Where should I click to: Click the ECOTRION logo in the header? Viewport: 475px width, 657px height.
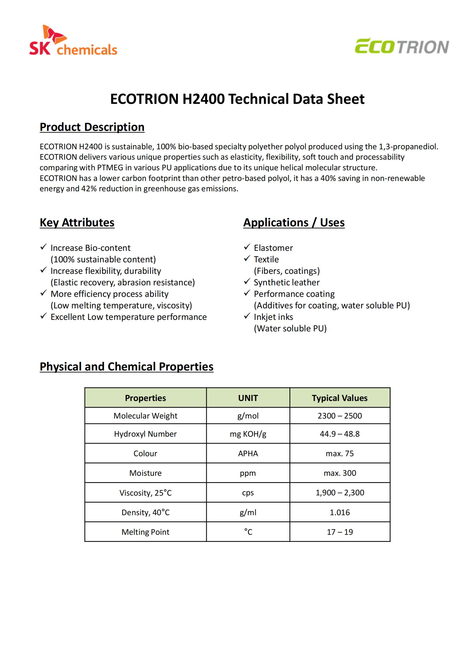[402, 46]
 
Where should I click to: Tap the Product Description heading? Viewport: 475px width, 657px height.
[92, 127]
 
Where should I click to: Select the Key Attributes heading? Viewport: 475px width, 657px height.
[77, 222]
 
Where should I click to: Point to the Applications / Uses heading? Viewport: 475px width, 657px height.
[294, 222]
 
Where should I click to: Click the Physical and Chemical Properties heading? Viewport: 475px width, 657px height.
[126, 366]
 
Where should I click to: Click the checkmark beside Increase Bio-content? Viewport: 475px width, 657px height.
[43, 247]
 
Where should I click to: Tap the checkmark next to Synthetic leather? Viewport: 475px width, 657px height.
[247, 282]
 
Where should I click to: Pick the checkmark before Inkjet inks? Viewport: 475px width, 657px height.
[247, 316]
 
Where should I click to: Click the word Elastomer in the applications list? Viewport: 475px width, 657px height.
[273, 248]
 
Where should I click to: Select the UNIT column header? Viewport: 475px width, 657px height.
[248, 398]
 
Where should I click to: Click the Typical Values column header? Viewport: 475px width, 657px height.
[340, 398]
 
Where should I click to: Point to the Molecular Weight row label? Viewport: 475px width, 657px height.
[145, 416]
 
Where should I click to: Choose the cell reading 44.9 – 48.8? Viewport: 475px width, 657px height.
[340, 434]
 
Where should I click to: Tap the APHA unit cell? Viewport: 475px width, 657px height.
[248, 453]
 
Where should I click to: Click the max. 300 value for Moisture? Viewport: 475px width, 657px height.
[340, 473]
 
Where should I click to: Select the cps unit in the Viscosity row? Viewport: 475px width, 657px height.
[248, 493]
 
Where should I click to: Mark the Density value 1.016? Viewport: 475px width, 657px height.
[340, 512]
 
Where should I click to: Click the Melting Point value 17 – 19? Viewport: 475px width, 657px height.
[340, 532]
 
